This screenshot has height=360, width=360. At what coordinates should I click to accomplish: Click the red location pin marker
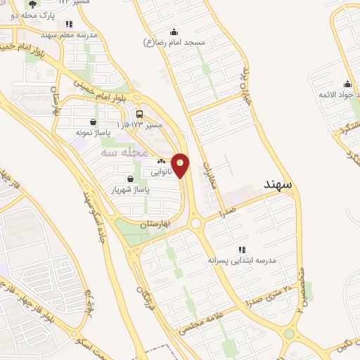181,165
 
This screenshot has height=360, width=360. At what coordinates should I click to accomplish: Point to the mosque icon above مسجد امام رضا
174,32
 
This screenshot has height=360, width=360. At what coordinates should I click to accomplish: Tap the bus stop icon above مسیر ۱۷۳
139,115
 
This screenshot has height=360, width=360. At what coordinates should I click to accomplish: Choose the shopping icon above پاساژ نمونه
92,122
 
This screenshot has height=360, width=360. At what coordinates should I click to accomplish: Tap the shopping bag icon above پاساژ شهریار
130,179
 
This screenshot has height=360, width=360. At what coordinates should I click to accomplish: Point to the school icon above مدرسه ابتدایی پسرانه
242,249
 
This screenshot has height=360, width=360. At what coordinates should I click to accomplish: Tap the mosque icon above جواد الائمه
345,84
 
